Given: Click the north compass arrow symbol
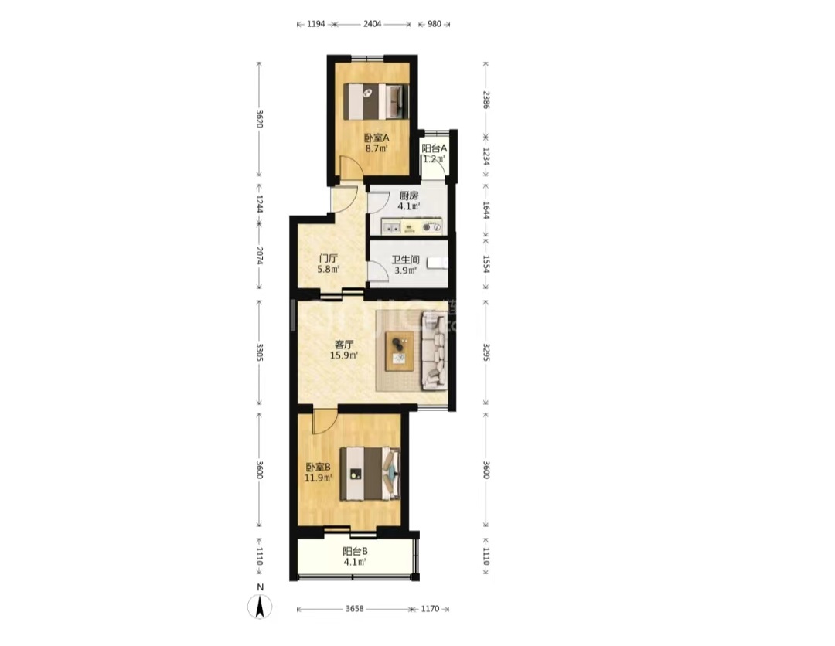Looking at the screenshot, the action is click(260, 607).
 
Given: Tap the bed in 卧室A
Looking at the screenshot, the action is click(377, 101).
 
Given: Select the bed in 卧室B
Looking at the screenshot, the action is click(370, 474).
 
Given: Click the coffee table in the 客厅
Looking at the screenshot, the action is click(400, 351).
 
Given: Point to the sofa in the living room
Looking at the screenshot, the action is click(434, 350).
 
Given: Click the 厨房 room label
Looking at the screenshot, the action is click(409, 195).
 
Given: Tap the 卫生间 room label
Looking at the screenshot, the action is click(405, 260).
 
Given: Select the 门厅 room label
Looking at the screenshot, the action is click(328, 259).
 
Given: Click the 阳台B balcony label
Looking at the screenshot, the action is click(355, 551).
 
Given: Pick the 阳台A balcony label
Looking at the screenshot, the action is click(434, 148).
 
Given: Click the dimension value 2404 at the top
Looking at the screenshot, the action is click(372, 24).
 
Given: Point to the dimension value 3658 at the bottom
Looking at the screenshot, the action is click(355, 609).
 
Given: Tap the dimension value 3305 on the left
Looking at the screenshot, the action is click(259, 352).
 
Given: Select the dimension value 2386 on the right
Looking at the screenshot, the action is click(486, 100).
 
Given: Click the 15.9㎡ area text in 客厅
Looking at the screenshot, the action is click(343, 355).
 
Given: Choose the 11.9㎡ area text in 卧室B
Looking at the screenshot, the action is click(318, 478).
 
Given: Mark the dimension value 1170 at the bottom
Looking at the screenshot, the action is click(431, 609).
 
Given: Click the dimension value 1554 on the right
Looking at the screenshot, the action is click(486, 264).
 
